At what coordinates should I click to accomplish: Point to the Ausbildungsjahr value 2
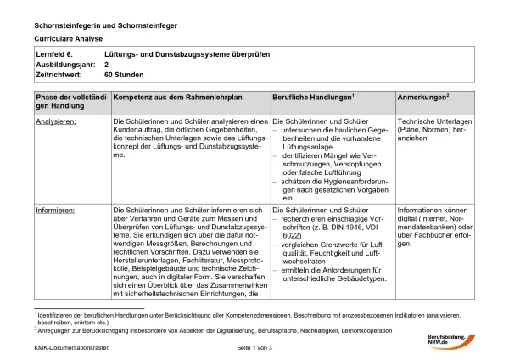pos(107,64)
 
